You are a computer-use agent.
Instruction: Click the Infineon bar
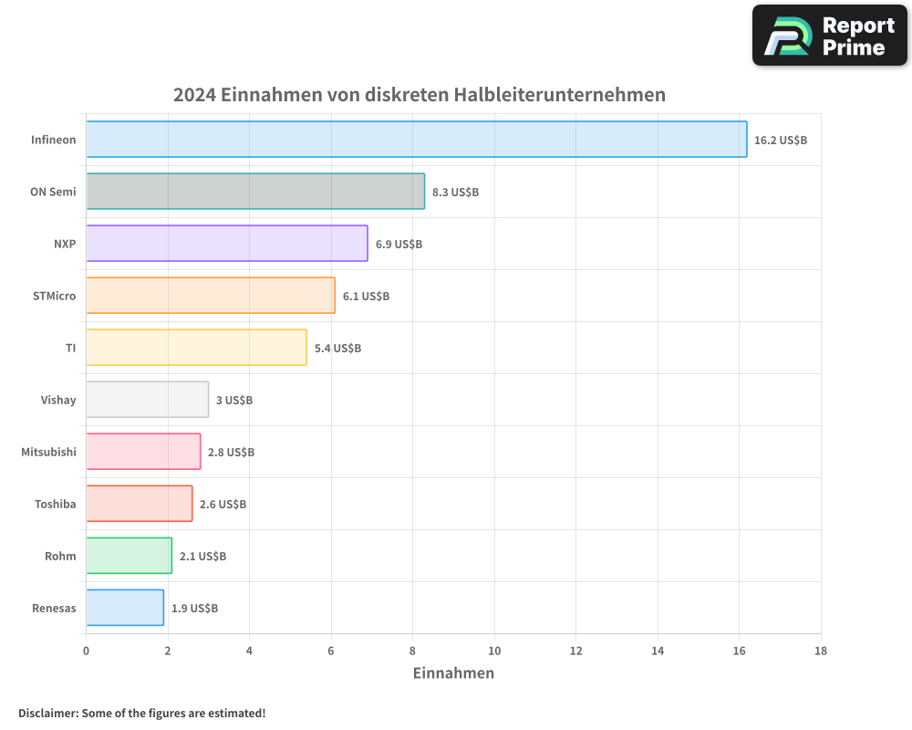tap(416, 140)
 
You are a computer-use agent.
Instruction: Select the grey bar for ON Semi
tap(255, 192)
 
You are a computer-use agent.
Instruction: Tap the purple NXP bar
tap(227, 244)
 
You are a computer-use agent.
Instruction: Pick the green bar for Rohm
tap(129, 556)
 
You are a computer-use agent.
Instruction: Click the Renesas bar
tap(125, 608)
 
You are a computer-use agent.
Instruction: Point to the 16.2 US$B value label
tap(781, 141)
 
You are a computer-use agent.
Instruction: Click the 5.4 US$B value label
tap(337, 349)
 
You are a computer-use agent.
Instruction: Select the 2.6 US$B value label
tap(223, 505)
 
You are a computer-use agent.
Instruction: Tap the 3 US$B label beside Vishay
tap(234, 401)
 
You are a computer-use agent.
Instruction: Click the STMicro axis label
tap(54, 296)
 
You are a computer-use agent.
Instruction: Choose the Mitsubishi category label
tap(48, 452)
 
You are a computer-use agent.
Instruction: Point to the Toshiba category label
tap(55, 504)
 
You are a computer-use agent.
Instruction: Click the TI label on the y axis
tap(70, 348)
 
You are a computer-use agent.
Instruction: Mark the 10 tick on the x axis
tap(494, 652)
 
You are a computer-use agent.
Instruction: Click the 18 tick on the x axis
tap(820, 652)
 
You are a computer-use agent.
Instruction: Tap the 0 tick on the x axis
tap(87, 652)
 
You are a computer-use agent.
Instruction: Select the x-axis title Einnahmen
tap(453, 673)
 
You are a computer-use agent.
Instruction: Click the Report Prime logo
tap(830, 36)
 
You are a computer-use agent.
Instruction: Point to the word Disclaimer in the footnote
tap(47, 713)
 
